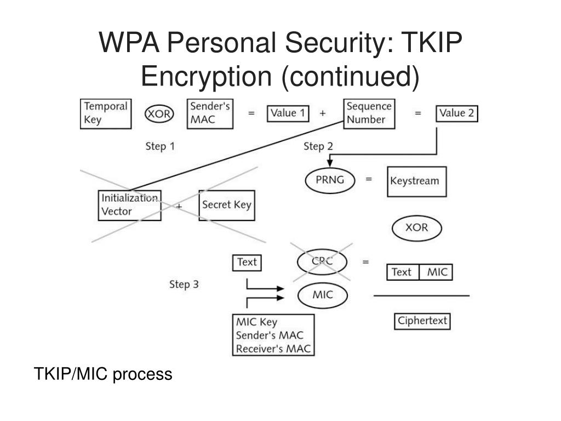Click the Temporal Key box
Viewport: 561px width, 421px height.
coord(106,114)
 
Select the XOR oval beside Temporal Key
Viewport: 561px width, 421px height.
coord(159,114)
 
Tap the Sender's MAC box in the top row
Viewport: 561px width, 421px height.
coord(210,114)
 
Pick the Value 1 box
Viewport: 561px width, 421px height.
coord(288,113)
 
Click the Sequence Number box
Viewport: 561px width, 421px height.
coord(369,114)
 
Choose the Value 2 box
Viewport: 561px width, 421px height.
coord(456,113)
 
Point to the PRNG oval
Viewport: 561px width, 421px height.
coord(330,180)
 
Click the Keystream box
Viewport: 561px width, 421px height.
coord(417,181)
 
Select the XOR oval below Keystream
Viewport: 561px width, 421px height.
coord(417,228)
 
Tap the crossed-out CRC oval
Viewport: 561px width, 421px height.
coord(322,261)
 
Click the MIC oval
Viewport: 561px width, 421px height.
coord(322,295)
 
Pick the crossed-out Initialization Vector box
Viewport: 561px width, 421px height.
coord(129,205)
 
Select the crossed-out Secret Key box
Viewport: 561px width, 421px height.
coord(227,205)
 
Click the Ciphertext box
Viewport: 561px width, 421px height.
coord(422,321)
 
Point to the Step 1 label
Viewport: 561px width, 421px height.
coord(160,146)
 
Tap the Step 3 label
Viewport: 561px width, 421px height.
coord(184,285)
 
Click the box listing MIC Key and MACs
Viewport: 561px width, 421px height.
coord(273,335)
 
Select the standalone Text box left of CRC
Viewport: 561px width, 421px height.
coord(247,263)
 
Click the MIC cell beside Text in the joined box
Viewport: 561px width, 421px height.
coord(436,272)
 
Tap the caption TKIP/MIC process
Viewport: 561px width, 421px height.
coord(103,374)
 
